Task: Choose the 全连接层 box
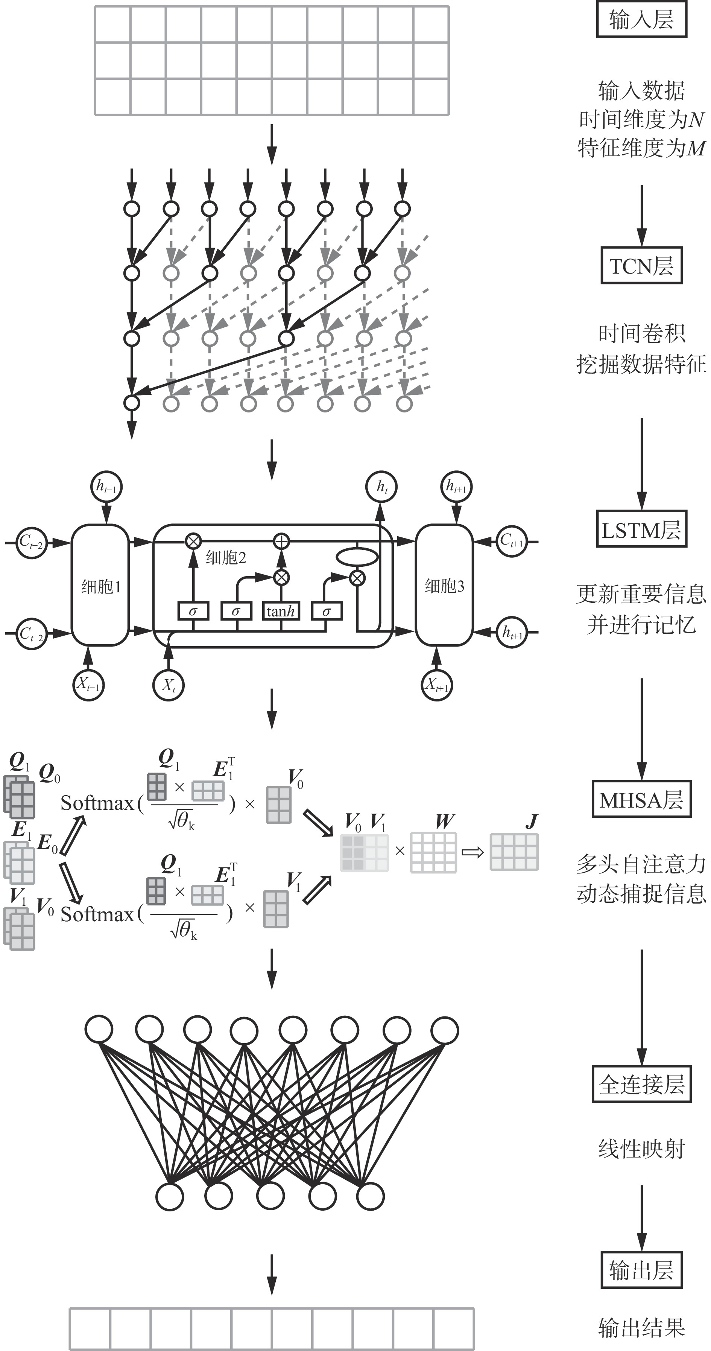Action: coord(641,1085)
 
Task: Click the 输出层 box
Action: coord(641,1270)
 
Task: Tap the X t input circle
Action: coord(168,685)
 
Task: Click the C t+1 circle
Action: coord(511,541)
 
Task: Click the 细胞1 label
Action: coord(101,587)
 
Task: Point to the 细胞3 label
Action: coord(444,586)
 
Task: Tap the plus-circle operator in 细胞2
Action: coord(282,541)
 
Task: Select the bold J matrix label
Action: coord(532,821)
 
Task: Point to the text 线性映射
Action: coord(641,1149)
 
